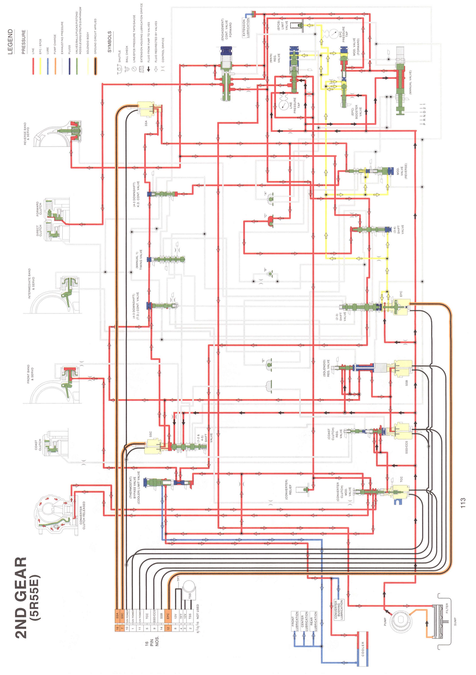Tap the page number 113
[463, 503]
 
